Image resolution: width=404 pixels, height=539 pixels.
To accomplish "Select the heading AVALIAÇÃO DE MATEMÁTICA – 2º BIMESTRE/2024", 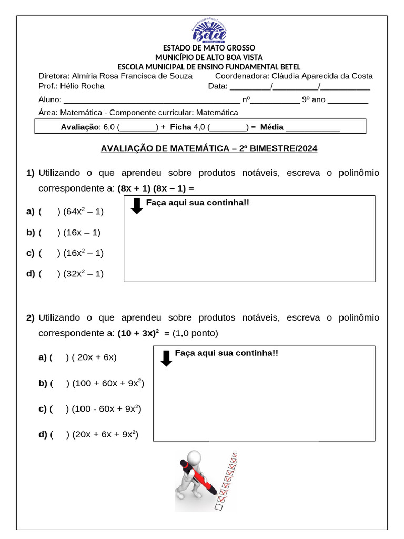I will (x=209, y=148).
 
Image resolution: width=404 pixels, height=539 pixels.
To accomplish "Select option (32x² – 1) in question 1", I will (x=83, y=273).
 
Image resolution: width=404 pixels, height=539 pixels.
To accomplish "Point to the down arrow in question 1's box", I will (x=137, y=206).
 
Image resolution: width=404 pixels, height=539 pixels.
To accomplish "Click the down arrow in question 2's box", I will (x=166, y=358).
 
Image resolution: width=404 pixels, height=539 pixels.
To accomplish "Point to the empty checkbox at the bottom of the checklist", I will (x=219, y=507).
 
